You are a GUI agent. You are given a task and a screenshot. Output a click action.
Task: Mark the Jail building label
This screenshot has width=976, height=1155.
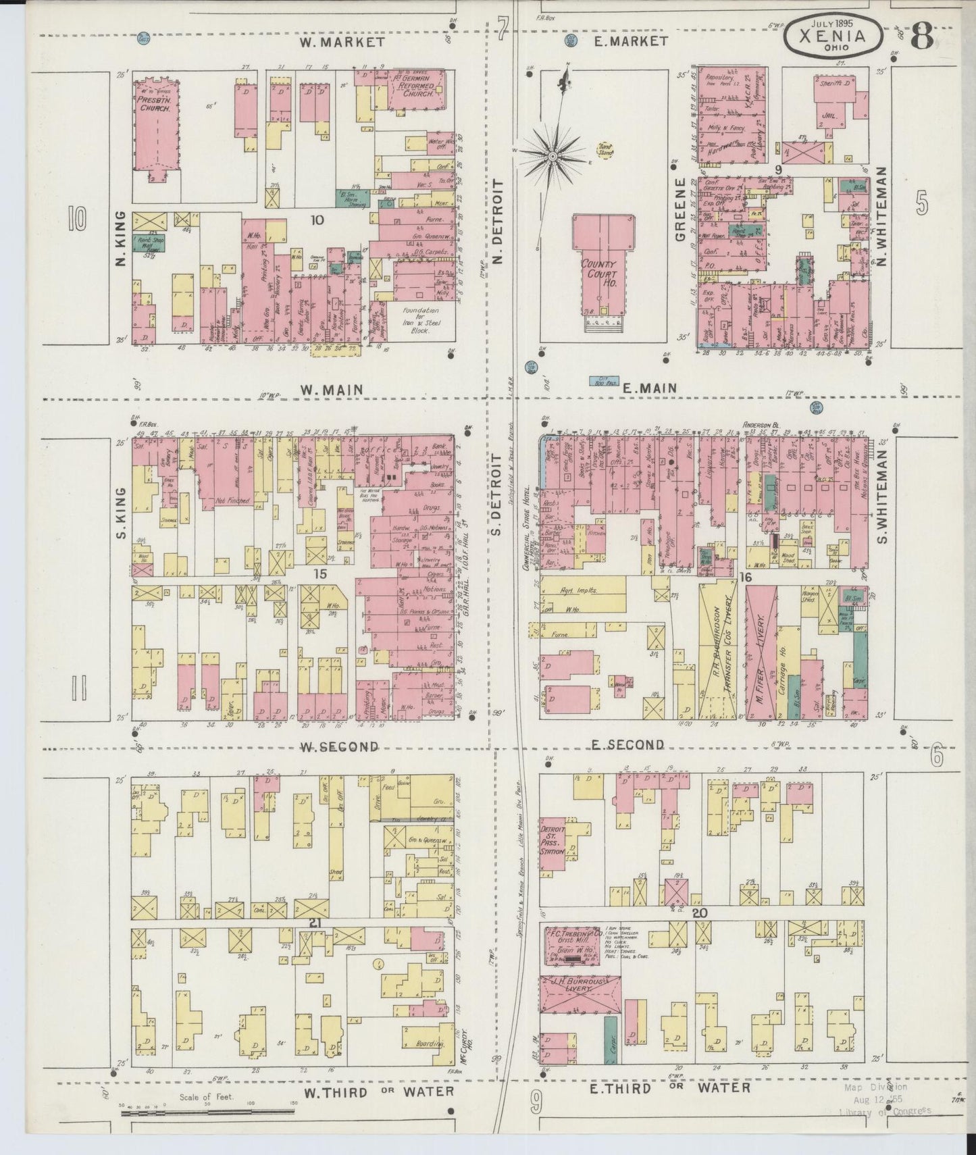point(829,115)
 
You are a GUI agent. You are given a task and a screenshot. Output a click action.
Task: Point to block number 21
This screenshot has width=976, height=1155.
point(314,922)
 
